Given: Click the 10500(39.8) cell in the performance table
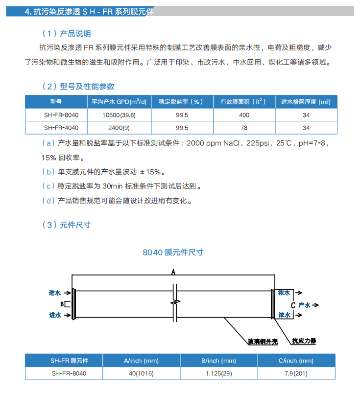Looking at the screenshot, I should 119,115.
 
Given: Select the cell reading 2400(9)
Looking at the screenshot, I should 119,128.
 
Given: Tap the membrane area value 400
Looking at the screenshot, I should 244,115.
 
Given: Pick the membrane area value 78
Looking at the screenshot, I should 244,128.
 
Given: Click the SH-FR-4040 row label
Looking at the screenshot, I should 57,128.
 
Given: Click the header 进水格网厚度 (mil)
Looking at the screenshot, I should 306,102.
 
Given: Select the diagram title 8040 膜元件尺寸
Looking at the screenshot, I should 172,252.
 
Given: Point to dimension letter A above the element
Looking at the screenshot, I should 173,272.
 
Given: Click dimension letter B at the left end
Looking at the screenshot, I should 62,304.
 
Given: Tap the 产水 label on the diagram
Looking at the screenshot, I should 304,305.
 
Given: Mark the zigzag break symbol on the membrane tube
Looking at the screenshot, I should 175,304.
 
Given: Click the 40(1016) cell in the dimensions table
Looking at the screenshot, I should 141,374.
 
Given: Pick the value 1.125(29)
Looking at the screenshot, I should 218,374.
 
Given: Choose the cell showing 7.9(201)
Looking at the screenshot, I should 296,374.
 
